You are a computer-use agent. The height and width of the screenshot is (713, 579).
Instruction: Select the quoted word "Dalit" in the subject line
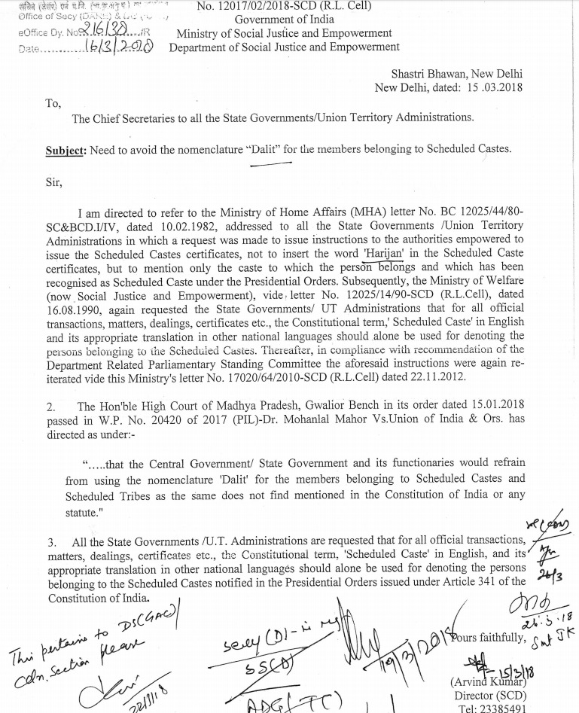coord(265,148)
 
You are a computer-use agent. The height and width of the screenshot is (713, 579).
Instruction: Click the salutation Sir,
coord(56,182)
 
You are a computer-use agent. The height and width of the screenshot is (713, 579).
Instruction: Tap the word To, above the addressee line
coord(53,104)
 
